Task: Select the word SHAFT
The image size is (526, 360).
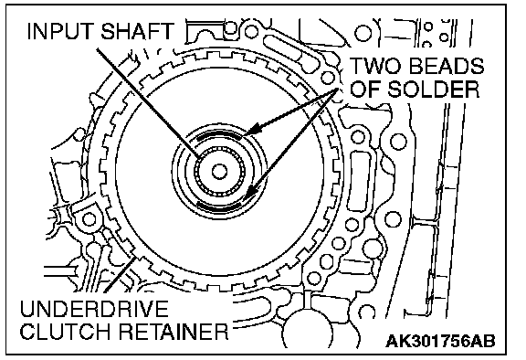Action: (x=138, y=31)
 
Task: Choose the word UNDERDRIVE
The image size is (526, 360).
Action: (x=94, y=309)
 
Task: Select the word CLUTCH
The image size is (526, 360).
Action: (x=67, y=332)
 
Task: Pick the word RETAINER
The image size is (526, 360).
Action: (x=174, y=332)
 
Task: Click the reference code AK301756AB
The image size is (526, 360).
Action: (x=440, y=342)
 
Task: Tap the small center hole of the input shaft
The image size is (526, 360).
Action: (x=219, y=172)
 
